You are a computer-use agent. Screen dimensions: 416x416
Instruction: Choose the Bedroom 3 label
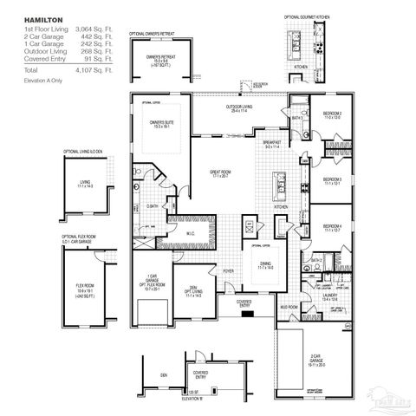coord(333,180)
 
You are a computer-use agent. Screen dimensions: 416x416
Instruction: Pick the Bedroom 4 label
coord(333,228)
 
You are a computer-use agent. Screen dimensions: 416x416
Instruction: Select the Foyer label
coord(228,270)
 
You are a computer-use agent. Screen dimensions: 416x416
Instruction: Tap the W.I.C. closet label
coord(192,233)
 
